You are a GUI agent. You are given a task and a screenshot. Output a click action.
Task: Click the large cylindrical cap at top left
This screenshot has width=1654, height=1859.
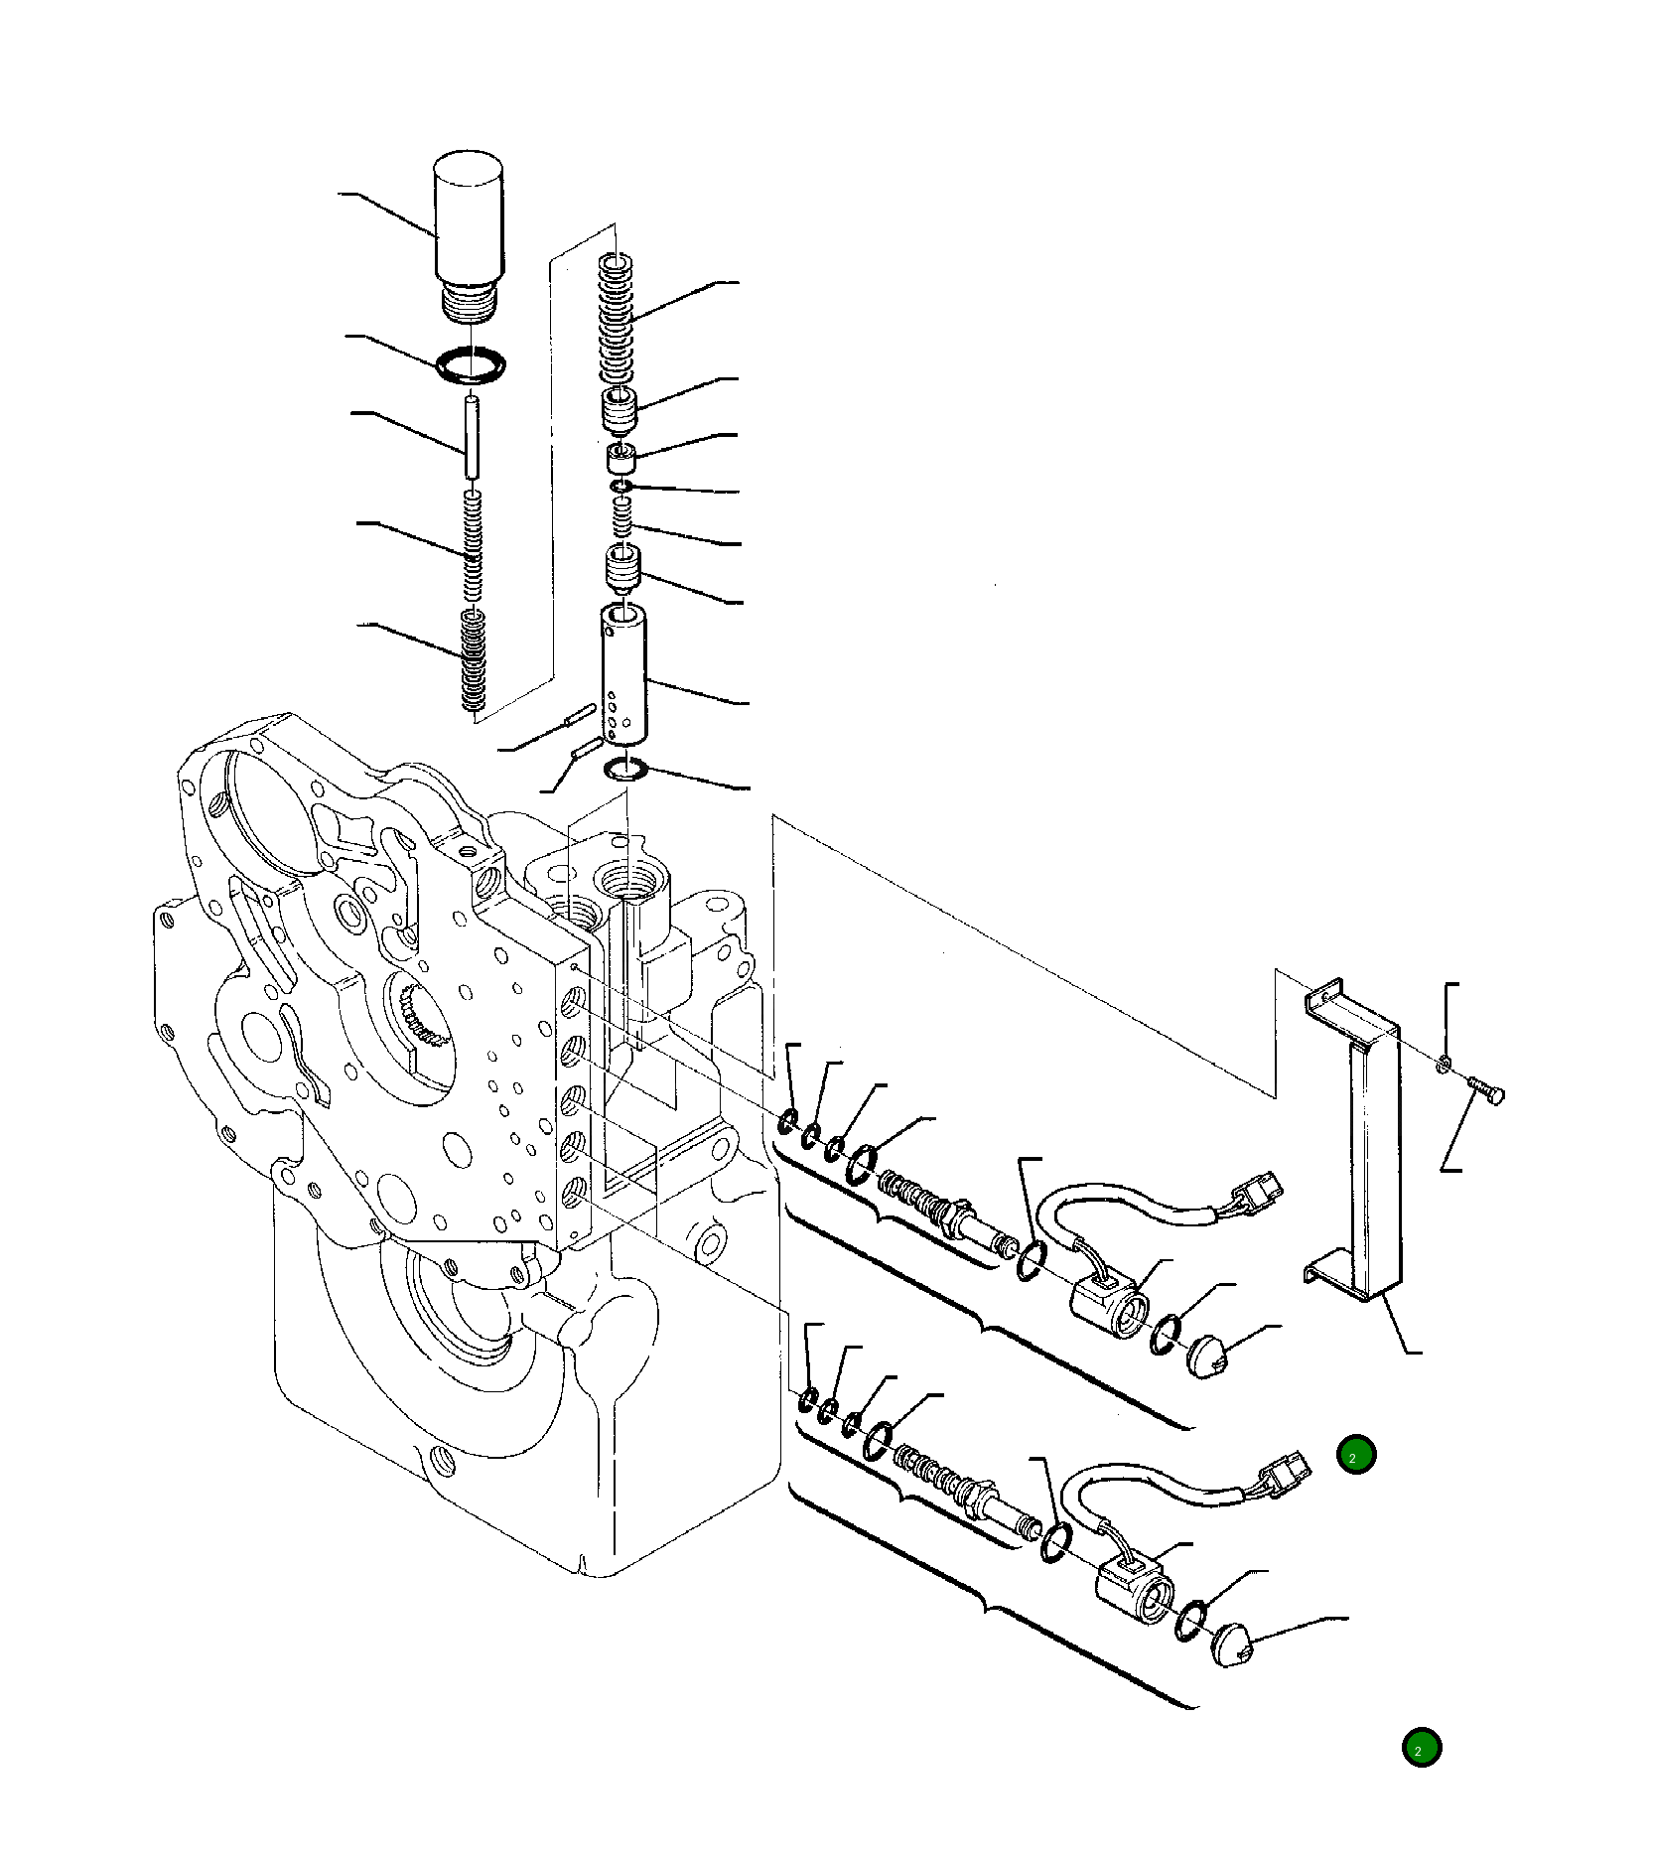pos(469,218)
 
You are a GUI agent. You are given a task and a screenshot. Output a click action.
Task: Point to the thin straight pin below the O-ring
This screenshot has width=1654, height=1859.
pos(472,437)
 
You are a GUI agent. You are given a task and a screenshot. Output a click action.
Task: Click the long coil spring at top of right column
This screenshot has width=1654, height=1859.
pos(616,318)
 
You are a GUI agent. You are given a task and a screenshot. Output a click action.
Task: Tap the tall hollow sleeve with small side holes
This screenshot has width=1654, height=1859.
pos(623,675)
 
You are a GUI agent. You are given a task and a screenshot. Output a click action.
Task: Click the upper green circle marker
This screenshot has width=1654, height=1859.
pos(1356,1455)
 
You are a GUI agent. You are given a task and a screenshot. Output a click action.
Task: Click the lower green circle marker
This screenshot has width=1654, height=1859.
pos(1421,1747)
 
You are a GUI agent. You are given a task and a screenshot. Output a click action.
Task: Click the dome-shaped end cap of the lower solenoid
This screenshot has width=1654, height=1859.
pos(1234,1644)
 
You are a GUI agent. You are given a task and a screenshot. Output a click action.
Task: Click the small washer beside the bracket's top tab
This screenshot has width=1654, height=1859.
pos(1444,1064)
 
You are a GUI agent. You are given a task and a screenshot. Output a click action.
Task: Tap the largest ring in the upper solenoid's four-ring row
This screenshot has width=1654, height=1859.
pos(862,1163)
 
